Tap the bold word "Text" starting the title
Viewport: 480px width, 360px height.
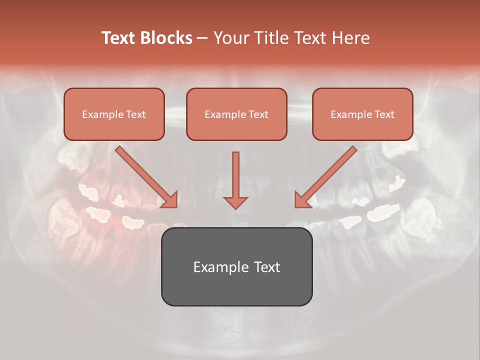[119, 38]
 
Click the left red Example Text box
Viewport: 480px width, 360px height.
[114, 114]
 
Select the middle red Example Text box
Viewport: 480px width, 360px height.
[236, 114]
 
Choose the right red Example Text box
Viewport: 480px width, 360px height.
[362, 114]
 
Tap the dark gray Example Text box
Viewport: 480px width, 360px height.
[236, 266]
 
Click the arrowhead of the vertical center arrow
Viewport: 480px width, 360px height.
[235, 201]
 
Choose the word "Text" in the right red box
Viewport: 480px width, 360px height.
[384, 114]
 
